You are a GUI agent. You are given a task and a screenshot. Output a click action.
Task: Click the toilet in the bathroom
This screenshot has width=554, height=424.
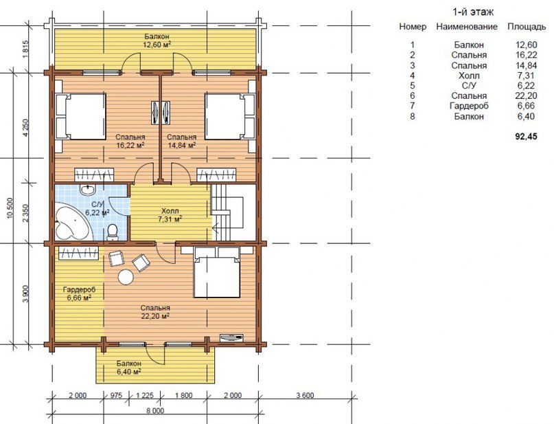pos(113,233)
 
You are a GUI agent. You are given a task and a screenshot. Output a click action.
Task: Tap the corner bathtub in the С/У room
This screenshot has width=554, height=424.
pos(72,222)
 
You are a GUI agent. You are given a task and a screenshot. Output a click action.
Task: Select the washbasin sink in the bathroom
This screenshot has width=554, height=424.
pos(87,190)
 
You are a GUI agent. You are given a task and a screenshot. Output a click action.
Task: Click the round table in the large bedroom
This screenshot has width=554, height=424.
pos(126,277)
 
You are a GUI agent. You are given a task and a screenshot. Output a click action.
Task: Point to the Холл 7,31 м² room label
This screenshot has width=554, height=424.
pos(170,215)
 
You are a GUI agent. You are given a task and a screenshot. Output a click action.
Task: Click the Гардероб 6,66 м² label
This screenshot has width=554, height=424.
pos(79,294)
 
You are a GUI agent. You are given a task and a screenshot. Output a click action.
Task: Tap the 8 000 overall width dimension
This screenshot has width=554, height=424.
pos(155,411)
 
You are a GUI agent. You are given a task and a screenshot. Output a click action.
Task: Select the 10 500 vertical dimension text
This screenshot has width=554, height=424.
pos(10,208)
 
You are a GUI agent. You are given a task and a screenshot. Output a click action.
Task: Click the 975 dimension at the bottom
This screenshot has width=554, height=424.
pos(115,395)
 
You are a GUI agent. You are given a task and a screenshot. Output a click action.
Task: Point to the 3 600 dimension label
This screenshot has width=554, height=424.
pos(304,395)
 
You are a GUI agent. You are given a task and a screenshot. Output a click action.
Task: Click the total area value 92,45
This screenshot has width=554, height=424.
pos(526,137)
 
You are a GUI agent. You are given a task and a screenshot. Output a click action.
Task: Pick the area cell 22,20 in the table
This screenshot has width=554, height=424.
pos(526,96)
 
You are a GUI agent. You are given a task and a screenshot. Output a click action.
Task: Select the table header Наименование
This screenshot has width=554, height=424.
pos(467,27)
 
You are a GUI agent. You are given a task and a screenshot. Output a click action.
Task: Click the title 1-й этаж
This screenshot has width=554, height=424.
pos(473,12)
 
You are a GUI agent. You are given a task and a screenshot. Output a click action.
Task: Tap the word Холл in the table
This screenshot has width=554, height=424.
pos(469,76)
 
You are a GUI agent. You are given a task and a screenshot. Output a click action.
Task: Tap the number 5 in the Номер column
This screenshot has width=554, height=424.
pos(413,86)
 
